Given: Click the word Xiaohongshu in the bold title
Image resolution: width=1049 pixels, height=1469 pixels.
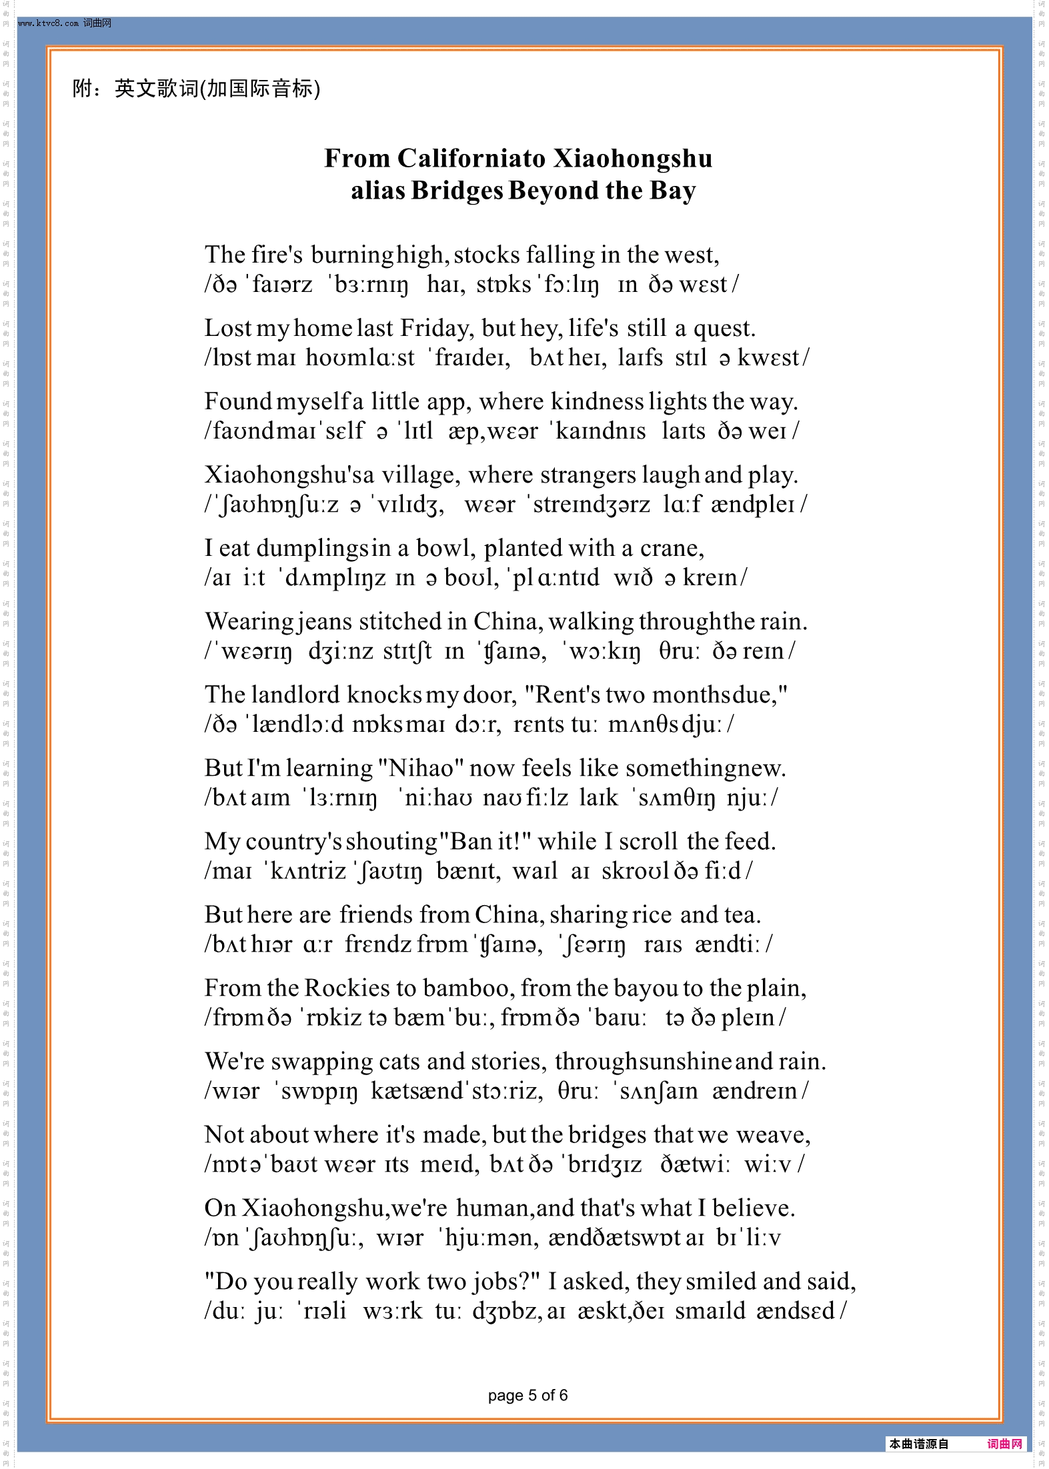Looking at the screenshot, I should (633, 159).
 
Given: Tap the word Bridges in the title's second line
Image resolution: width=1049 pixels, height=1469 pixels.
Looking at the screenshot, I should (457, 191).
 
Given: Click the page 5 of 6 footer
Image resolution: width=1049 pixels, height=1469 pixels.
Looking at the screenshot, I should (528, 1395).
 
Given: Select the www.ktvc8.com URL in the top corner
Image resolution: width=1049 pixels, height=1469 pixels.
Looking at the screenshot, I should (49, 23).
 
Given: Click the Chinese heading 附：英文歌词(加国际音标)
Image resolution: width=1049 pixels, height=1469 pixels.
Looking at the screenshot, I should (196, 88).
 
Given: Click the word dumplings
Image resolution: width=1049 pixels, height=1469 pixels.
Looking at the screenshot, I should (312, 548).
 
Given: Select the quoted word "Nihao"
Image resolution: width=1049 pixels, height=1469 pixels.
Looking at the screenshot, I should (421, 768).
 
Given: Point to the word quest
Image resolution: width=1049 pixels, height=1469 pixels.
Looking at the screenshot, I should (723, 328).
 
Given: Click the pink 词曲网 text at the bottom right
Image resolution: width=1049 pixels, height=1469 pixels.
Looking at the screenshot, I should (1004, 1444).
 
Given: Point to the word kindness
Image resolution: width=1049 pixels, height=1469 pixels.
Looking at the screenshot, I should (597, 401).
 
